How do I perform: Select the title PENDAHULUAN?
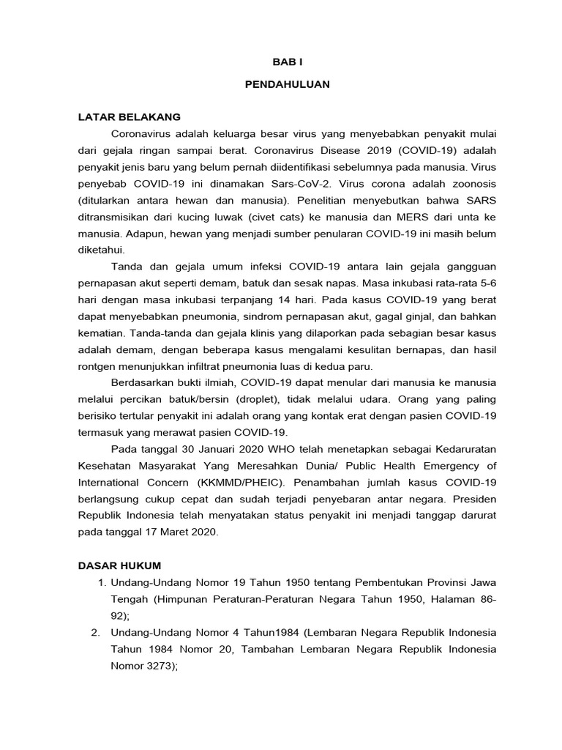(x=287, y=84)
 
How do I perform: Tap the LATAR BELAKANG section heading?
(x=130, y=116)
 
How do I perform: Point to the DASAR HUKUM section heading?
(x=120, y=566)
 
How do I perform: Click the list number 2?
(x=95, y=633)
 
